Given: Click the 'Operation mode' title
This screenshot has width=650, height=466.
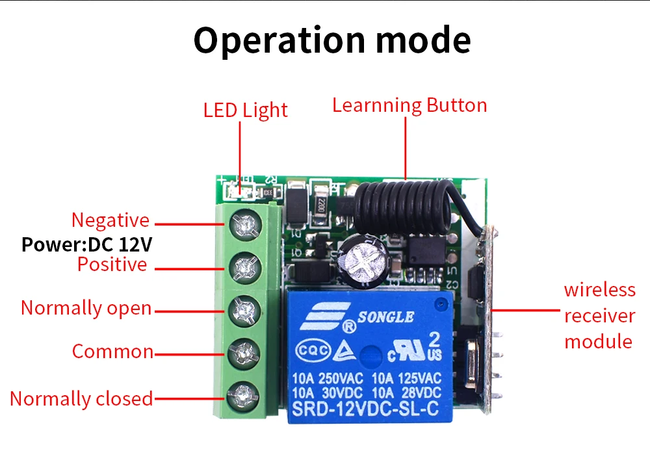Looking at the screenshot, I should tap(332, 40).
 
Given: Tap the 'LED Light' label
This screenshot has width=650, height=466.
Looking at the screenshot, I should tap(245, 110).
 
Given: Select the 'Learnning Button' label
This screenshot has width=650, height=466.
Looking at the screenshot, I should tap(409, 105).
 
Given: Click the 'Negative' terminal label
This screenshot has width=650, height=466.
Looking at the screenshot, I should tap(110, 220).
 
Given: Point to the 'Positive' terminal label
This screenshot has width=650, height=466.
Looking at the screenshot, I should tap(112, 265).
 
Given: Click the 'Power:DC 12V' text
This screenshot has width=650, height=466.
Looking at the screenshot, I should tap(87, 244).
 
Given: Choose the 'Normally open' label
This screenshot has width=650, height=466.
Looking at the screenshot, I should tap(86, 307).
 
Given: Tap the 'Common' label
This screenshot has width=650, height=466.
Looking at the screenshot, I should tap(112, 352).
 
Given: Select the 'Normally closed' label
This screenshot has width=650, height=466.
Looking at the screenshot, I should tap(81, 398).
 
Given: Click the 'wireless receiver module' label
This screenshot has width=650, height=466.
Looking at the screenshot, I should tap(599, 315).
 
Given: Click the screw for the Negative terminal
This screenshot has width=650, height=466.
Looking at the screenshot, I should tap(246, 225).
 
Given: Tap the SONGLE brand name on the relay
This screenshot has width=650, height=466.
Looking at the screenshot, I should tap(387, 317).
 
